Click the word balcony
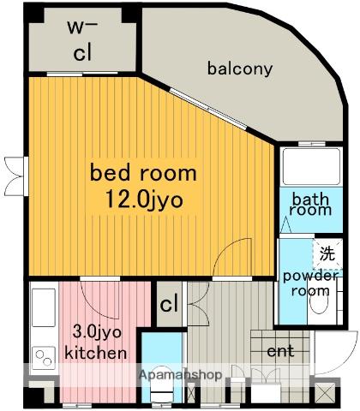[x=240, y=68]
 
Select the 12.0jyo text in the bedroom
[x=144, y=200]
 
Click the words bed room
[x=143, y=172]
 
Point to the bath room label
[x=310, y=205]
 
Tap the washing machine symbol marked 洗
[x=327, y=253]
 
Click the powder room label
[x=310, y=283]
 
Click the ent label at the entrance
[x=280, y=351]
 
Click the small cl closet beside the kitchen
[x=169, y=304]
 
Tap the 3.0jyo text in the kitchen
[x=97, y=332]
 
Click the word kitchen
[x=96, y=353]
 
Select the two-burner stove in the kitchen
[x=44, y=358]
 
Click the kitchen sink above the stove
[x=44, y=307]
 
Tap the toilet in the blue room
[x=162, y=385]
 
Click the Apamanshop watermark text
[x=180, y=374]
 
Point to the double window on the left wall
[x=16, y=176]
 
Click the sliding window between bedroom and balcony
[x=208, y=109]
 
